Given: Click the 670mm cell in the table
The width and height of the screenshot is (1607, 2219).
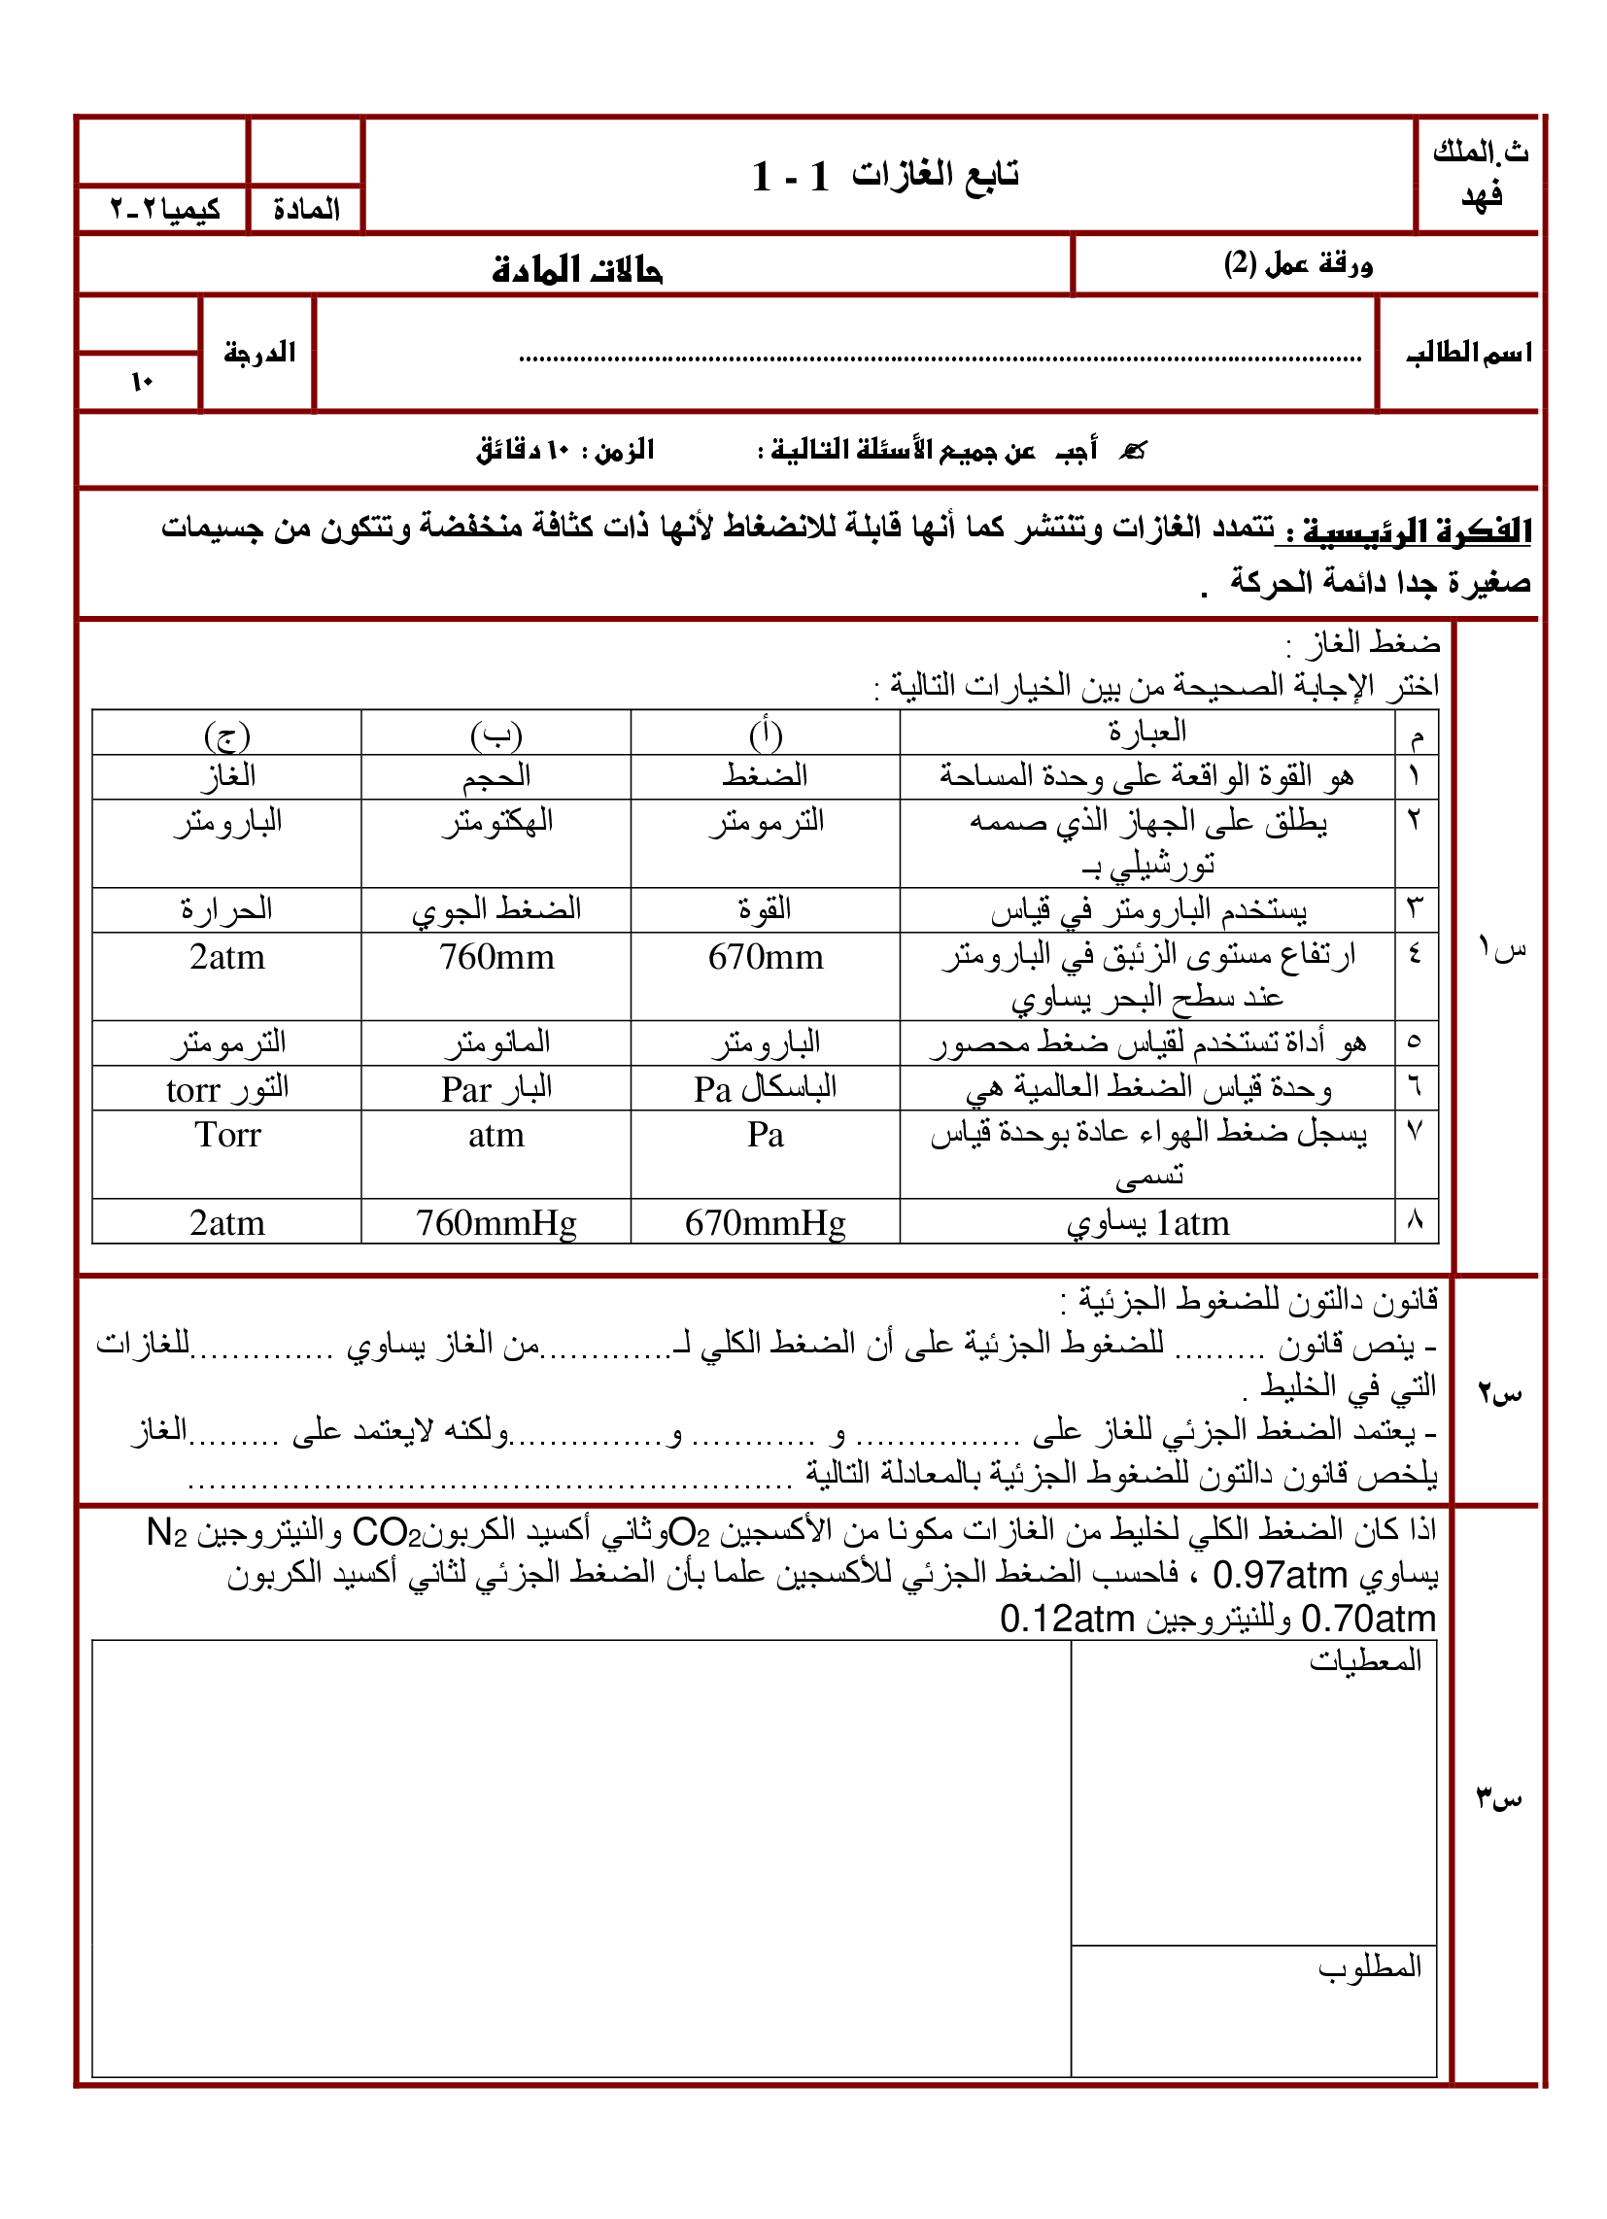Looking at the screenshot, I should [x=766, y=957].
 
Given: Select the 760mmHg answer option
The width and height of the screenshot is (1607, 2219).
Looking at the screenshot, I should [x=496, y=1223].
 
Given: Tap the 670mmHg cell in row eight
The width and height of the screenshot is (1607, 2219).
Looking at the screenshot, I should [x=766, y=1223].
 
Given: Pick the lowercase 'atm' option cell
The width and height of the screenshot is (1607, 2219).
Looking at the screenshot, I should [x=496, y=1135].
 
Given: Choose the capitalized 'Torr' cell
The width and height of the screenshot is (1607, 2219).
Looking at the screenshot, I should [x=227, y=1135].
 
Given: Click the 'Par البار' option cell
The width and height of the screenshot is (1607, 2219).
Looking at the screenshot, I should [x=496, y=1088].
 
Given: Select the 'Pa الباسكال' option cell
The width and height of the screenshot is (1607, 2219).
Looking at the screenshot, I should [x=766, y=1088].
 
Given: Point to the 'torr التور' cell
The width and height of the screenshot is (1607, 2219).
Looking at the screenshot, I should [x=227, y=1088].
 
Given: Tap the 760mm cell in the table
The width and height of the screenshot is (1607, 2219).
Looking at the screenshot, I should [x=496, y=957].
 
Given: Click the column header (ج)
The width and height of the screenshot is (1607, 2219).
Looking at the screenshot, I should [x=227, y=734].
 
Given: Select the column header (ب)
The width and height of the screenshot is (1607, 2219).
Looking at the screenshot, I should [x=496, y=734].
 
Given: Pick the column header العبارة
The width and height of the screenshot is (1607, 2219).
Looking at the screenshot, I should [x=1147, y=732].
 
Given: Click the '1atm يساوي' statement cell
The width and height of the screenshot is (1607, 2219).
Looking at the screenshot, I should [x=1147, y=1223].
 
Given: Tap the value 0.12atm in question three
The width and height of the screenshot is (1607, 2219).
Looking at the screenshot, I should [x=1066, y=1620].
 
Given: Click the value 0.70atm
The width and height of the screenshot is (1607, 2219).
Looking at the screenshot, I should [x=1368, y=1620].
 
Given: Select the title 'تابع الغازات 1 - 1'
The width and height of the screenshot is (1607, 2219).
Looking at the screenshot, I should [x=886, y=176].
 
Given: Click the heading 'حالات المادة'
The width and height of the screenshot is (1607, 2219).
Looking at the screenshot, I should [x=576, y=269].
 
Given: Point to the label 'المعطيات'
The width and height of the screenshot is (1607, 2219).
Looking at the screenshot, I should [x=1365, y=1660].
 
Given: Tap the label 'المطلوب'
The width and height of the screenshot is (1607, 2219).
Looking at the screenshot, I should [x=1369, y=1966].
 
